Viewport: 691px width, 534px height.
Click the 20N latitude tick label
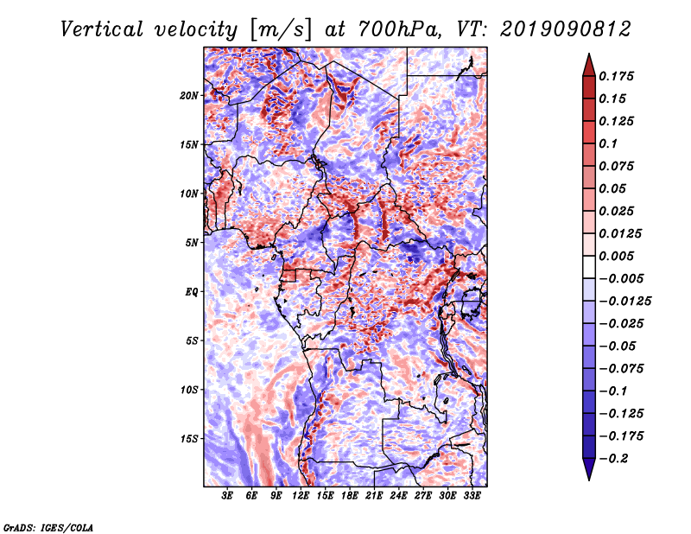pos(189,95)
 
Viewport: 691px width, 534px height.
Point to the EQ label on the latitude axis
pos(192,292)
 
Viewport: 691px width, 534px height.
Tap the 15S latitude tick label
pos(189,439)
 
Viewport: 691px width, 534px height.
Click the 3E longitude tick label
pos(228,496)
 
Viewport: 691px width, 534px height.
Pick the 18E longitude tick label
pos(350,496)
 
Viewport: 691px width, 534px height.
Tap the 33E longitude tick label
pos(471,496)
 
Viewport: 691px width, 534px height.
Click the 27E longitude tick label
pos(422,496)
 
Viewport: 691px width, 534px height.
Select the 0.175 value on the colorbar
pos(618,76)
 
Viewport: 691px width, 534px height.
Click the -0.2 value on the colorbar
pos(618,458)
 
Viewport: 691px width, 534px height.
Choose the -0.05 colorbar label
pos(618,346)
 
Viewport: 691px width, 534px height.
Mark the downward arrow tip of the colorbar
pos(588,478)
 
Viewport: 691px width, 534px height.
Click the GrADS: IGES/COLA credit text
pos(48,526)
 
